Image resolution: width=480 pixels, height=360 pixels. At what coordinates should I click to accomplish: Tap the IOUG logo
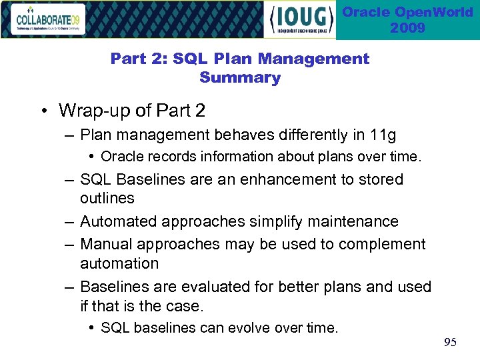click(x=300, y=19)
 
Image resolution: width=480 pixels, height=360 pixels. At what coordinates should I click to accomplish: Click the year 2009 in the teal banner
click(x=408, y=28)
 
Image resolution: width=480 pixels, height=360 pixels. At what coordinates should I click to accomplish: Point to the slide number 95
click(x=451, y=343)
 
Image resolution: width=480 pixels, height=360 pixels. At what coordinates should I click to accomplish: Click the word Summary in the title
click(x=240, y=78)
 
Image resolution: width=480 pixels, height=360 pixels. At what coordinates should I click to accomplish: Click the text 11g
click(x=383, y=135)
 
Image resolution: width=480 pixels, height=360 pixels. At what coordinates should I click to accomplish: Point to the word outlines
click(x=107, y=198)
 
